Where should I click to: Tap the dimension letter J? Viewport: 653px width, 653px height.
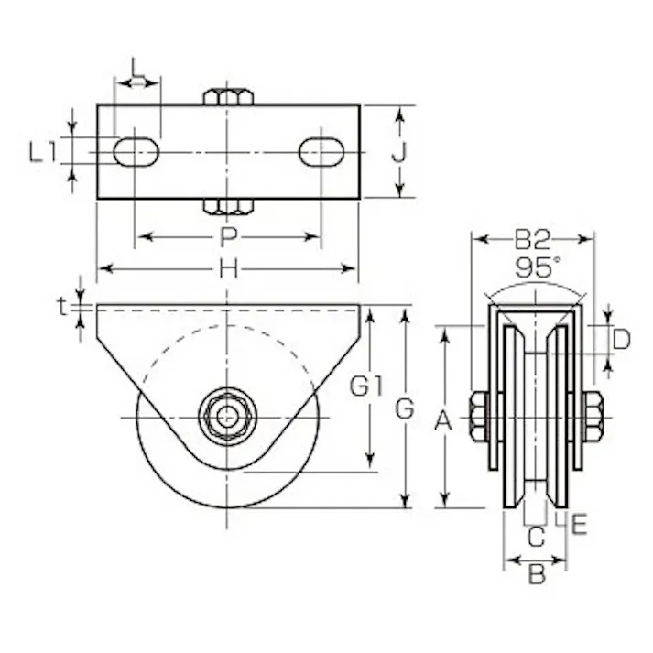pyautogui.click(x=398, y=152)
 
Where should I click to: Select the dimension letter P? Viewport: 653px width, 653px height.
pyautogui.click(x=229, y=238)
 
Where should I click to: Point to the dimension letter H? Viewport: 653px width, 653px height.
pyautogui.click(x=229, y=268)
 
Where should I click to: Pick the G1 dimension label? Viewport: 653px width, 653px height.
pyautogui.click(x=367, y=387)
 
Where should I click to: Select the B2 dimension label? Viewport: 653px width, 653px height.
pyautogui.click(x=532, y=240)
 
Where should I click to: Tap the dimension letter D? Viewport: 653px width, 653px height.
pyautogui.click(x=621, y=340)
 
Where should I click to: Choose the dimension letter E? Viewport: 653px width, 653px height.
pyautogui.click(x=580, y=524)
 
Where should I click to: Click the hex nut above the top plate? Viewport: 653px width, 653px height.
pyautogui.click(x=225, y=95)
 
